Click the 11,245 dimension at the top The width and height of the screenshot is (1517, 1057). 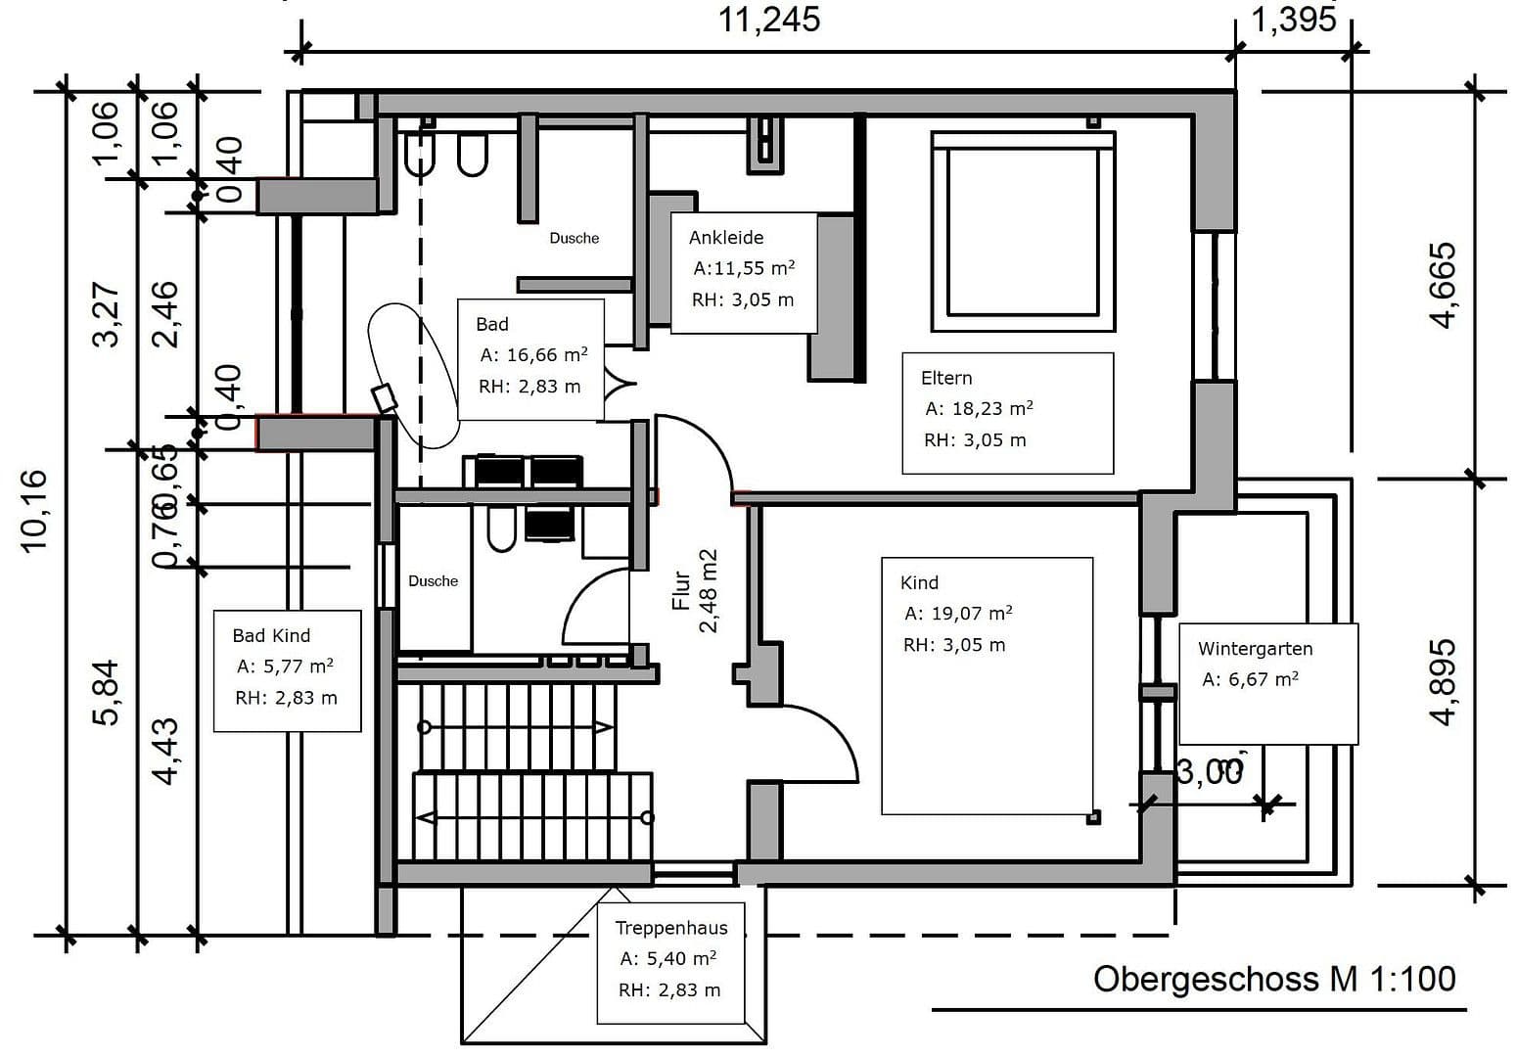tap(769, 20)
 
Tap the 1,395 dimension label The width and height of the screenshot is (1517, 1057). tap(1293, 19)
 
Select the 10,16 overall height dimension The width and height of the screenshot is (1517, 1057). tap(33, 510)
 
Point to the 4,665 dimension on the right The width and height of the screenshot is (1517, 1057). tap(1443, 285)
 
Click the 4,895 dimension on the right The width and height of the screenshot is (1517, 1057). tap(1443, 682)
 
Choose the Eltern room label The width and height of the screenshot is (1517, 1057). tap(946, 378)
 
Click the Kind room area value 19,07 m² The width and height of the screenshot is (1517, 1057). tap(958, 614)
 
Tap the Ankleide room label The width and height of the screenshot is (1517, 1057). tap(725, 237)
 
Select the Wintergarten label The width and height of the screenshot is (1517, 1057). tap(1255, 649)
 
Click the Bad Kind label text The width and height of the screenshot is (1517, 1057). tap(271, 635)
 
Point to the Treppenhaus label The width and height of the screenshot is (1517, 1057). tap(671, 928)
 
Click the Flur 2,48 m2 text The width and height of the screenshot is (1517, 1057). tap(695, 591)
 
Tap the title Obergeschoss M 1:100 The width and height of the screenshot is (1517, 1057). tap(1273, 979)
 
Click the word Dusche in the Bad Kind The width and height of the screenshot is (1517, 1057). tap(433, 581)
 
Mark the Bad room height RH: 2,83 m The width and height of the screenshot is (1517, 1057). tap(529, 387)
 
